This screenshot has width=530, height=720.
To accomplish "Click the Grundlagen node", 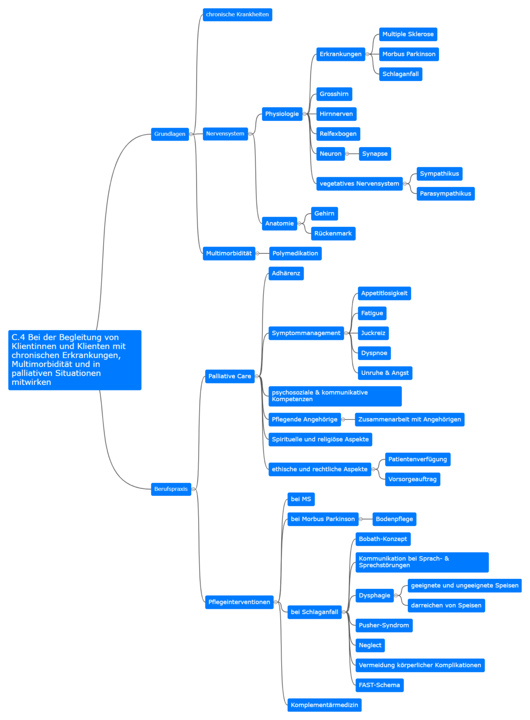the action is [170, 134].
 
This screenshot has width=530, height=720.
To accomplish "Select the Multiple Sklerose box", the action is [408, 34].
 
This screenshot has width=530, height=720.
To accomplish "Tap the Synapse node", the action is [375, 154].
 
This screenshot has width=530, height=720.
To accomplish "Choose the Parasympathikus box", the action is [446, 194].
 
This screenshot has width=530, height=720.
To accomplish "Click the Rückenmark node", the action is [333, 234].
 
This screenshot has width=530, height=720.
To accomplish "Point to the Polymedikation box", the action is [295, 254].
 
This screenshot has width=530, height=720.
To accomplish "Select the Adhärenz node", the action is [286, 274].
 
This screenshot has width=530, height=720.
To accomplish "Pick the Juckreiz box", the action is [373, 333].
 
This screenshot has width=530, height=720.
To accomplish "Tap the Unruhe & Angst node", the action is [385, 373].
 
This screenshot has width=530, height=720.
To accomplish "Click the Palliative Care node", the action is [230, 376].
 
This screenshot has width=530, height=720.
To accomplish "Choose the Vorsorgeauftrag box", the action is [413, 479].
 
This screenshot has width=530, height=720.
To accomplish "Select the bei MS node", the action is [301, 499].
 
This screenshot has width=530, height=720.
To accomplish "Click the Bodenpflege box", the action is [395, 519].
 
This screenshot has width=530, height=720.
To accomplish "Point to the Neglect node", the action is [370, 645].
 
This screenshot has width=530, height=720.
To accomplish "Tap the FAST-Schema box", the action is [380, 685].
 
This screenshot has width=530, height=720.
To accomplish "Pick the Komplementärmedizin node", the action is [324, 705].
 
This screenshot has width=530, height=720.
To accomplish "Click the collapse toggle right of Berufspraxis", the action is [194, 489].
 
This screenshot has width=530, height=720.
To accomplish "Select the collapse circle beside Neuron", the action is [347, 154].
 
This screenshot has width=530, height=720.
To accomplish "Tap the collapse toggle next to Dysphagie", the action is [396, 596].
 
